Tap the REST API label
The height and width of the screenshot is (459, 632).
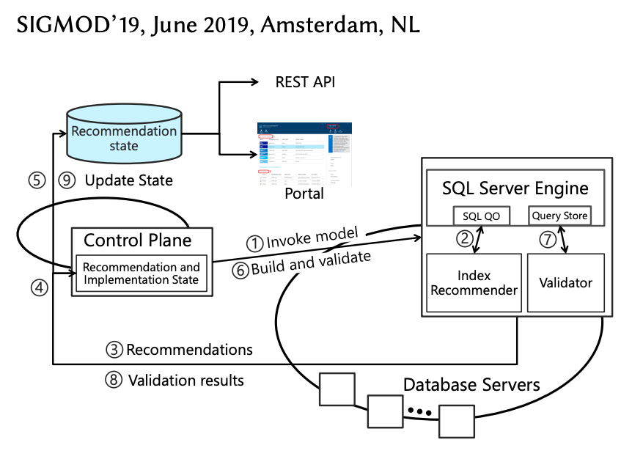(x=305, y=81)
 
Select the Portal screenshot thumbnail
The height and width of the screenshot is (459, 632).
(x=303, y=154)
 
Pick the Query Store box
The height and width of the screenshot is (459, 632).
(x=559, y=216)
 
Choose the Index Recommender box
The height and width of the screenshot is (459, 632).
(x=474, y=282)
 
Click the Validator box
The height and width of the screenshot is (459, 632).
(x=565, y=282)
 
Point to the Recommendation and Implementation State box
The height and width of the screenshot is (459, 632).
(x=140, y=273)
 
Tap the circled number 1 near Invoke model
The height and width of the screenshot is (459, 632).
(x=254, y=243)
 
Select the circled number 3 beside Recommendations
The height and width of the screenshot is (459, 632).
(x=114, y=350)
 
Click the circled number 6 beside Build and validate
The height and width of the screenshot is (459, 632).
(x=240, y=270)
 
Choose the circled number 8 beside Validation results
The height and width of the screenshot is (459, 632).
(x=114, y=380)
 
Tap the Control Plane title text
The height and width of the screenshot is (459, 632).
(x=138, y=240)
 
